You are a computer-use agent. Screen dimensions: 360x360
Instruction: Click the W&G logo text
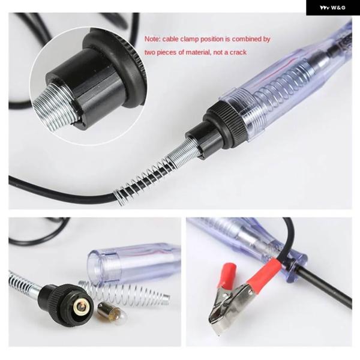coord(332,8)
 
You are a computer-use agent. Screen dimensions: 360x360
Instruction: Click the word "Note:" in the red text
coord(152,39)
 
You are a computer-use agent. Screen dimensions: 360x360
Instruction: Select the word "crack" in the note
coord(238,52)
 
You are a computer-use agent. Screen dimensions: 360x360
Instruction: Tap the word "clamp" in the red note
coord(189,39)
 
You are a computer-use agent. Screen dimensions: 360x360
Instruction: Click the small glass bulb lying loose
coord(112,312)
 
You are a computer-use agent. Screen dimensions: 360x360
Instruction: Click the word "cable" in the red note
coord(170,39)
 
